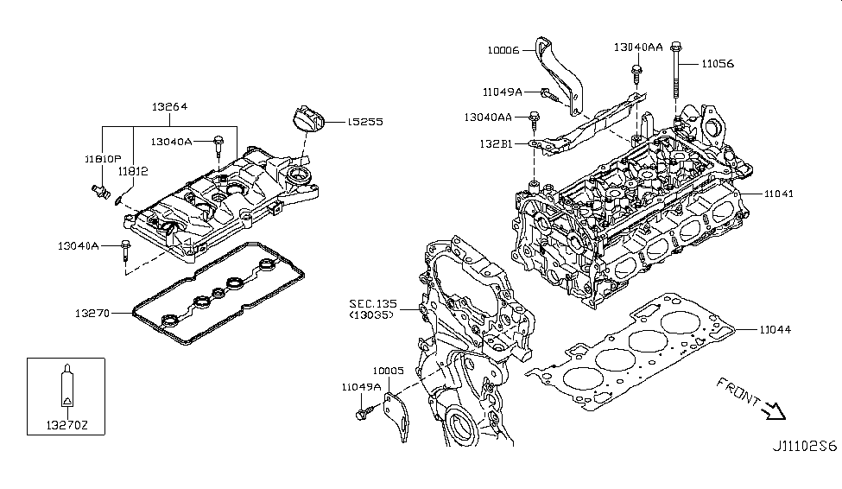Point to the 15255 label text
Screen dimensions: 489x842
click(x=365, y=123)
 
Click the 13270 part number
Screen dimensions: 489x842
click(x=89, y=313)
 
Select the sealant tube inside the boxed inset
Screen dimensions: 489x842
click(x=66, y=387)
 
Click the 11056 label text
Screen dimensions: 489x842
click(x=718, y=63)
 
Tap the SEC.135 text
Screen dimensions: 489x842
click(x=372, y=303)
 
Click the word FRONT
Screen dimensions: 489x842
click(x=737, y=391)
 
